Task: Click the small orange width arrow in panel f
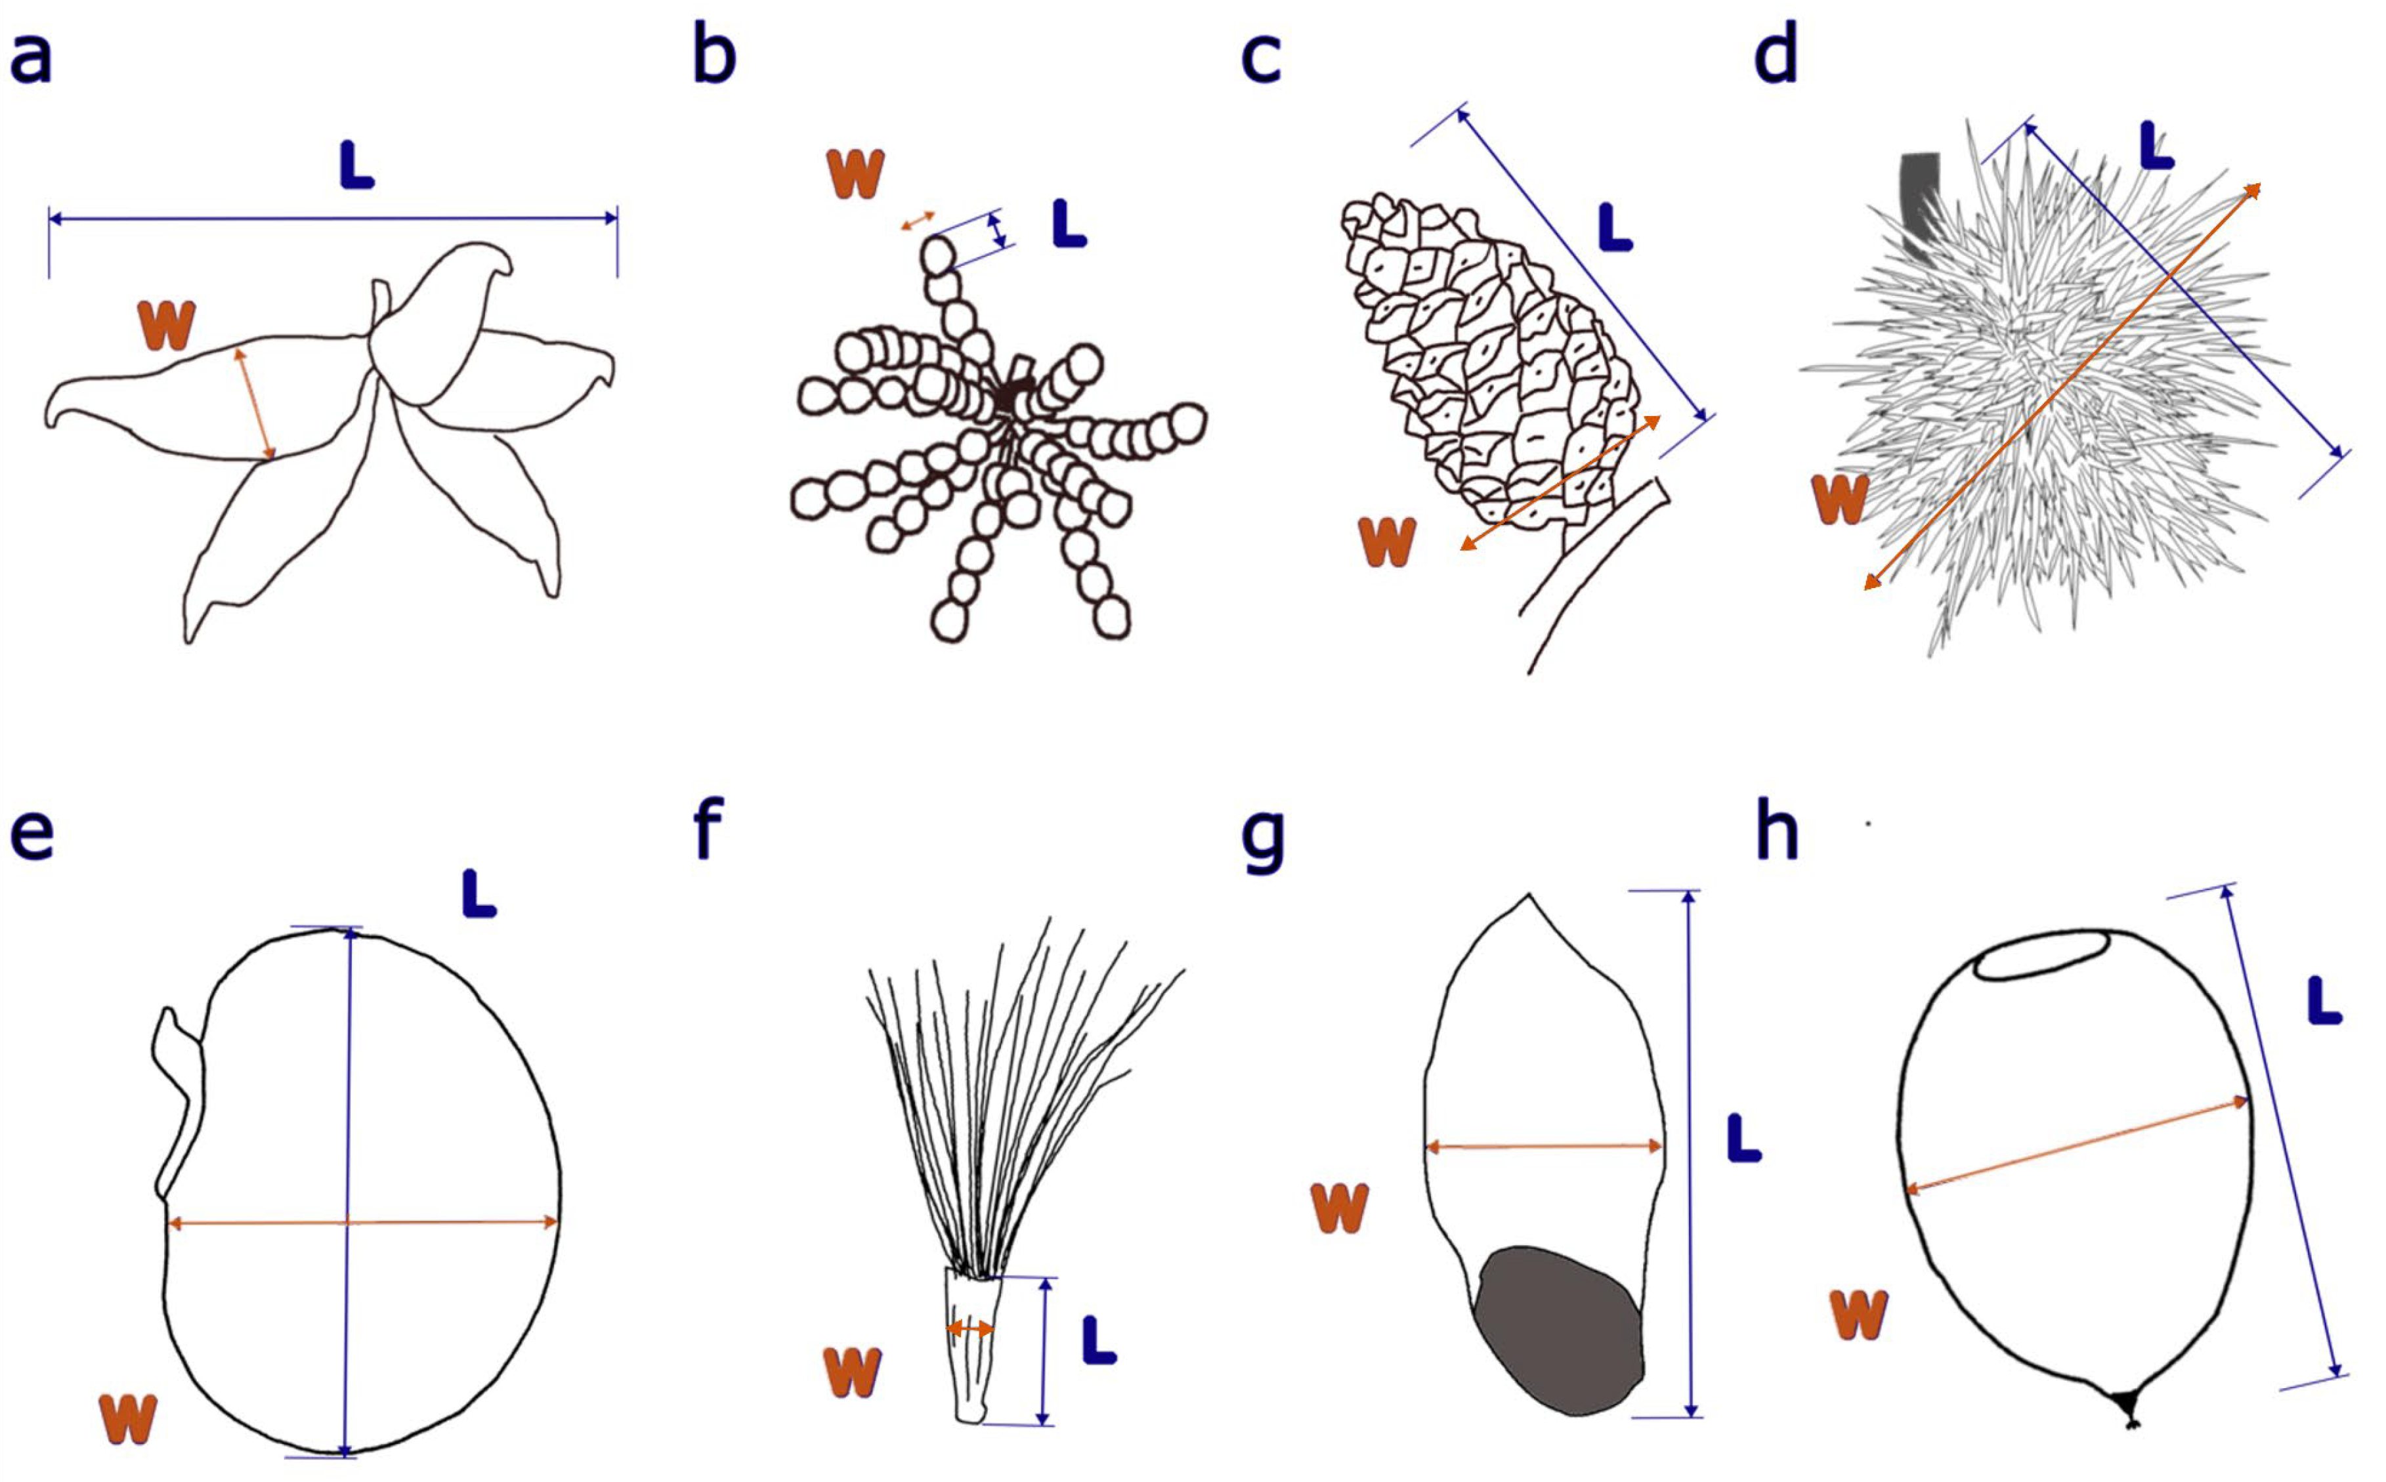click(969, 1329)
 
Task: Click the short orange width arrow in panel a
click(255, 403)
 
